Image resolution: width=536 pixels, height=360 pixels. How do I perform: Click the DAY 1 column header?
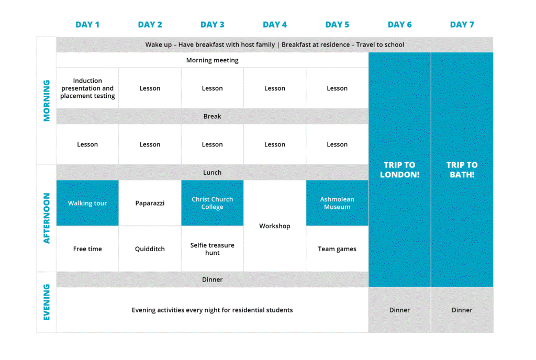coord(87,25)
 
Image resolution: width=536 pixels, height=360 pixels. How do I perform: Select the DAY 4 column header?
coord(274,25)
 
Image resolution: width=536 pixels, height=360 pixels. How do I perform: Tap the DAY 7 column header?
coord(462,25)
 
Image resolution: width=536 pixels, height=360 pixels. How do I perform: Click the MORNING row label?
coord(47,100)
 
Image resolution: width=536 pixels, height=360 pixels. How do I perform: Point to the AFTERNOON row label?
coord(47,218)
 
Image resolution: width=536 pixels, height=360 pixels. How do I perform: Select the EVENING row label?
coord(47,302)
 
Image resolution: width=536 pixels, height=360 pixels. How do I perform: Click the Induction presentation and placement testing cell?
coord(87,88)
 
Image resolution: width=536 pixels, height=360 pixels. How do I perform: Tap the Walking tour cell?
coord(87,203)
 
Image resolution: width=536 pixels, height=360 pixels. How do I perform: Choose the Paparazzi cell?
coord(150,203)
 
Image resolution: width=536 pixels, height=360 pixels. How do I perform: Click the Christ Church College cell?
coord(213,203)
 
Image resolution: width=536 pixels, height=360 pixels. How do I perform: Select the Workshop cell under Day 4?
coord(274,226)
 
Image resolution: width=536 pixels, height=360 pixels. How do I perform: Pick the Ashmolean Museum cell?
coord(337,203)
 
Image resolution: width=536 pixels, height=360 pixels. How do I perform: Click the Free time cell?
coord(87,249)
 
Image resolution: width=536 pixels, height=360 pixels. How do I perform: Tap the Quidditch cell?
coord(150,249)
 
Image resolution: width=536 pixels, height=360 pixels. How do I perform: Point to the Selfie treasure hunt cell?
coord(213,249)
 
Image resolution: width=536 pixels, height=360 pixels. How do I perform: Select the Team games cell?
coord(337,249)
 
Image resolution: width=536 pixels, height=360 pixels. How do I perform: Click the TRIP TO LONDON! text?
coord(399,170)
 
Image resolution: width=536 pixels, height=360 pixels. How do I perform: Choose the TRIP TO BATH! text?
coord(462,170)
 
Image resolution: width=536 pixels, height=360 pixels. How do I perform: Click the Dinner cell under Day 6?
coord(399,310)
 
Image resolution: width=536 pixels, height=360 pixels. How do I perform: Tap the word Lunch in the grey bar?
coord(213,173)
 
